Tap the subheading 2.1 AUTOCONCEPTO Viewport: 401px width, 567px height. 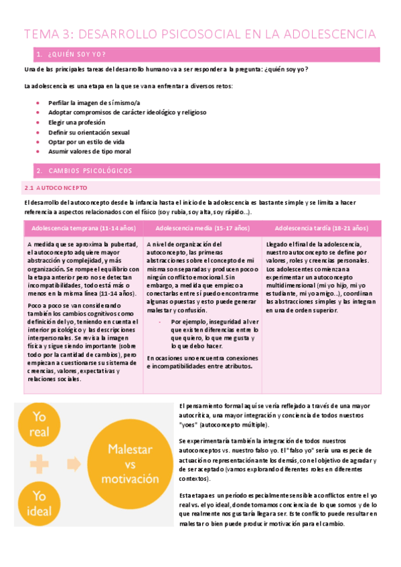[58, 188]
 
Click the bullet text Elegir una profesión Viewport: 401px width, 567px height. [76, 122]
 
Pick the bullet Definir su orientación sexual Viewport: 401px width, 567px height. [89, 132]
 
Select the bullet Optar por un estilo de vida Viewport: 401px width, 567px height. [86, 142]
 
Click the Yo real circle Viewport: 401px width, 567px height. [39, 423]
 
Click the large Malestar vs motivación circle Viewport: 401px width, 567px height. [130, 464]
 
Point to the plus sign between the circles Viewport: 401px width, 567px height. [39, 463]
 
